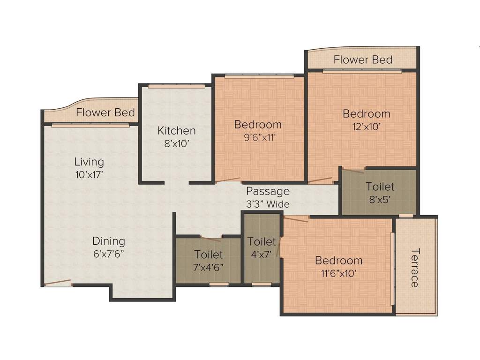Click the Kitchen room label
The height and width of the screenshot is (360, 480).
pos(176,130)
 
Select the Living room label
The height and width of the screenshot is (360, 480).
pos(89,162)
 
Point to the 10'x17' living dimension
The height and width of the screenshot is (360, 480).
pos(89,175)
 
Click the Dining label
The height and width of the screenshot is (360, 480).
pos(108,241)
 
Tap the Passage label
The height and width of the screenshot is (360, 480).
pos(268,191)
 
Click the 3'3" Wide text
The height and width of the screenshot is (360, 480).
pos(268,204)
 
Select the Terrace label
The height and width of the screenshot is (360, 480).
pos(414,268)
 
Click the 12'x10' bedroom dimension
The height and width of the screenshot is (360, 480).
pos(367,126)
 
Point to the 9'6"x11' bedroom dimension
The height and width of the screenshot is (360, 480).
pos(258,138)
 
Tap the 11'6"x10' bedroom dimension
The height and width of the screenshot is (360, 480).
pos(338,273)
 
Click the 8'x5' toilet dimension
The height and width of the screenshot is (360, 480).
pos(380,199)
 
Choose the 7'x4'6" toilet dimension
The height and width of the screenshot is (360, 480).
pos(209,268)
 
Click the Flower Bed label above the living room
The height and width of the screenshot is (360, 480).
pos(105,112)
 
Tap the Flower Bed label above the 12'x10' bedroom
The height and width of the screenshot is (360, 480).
pos(363,60)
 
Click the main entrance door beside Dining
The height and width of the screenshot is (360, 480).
pos(58,283)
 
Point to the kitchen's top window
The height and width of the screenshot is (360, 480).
pos(176,86)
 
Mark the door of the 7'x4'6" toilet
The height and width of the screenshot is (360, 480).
pos(211,239)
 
